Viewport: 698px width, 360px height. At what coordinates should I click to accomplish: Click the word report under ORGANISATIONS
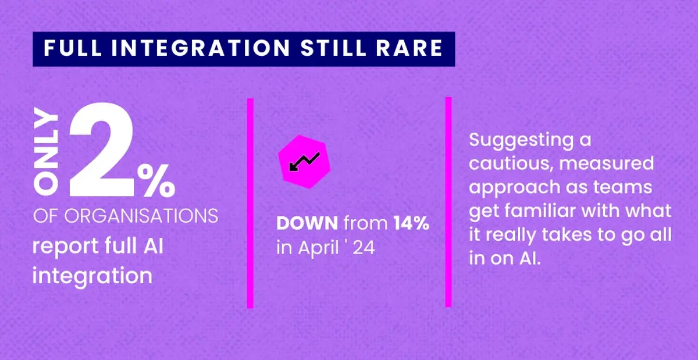point(64,246)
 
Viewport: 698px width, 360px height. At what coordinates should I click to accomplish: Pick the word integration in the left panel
point(92,274)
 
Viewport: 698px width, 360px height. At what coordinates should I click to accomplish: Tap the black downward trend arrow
point(303,161)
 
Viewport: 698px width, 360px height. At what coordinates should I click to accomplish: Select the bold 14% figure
point(411,224)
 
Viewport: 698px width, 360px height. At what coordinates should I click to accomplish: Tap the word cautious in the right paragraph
point(510,163)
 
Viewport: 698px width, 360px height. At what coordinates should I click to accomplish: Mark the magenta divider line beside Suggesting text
point(448,201)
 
